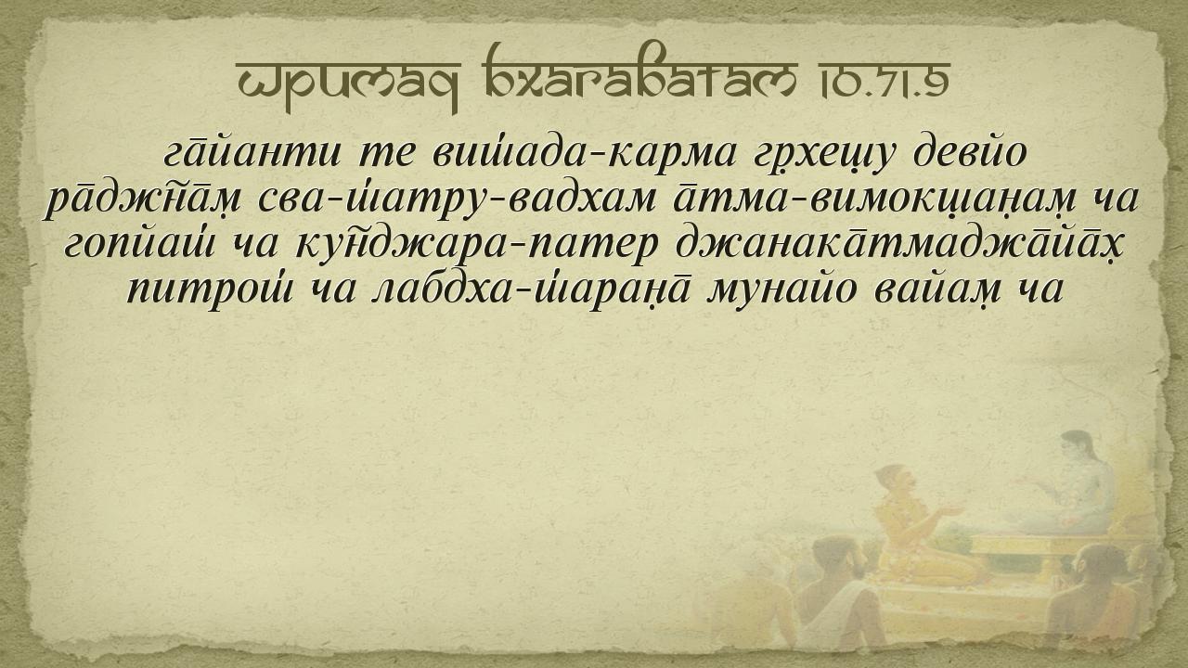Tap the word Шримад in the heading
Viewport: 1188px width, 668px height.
tap(346, 84)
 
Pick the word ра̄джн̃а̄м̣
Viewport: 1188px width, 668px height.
tap(143, 200)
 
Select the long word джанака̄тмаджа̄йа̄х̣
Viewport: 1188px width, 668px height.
tap(899, 247)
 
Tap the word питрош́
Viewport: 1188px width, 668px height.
tap(210, 292)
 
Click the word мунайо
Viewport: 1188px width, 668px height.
tap(782, 292)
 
